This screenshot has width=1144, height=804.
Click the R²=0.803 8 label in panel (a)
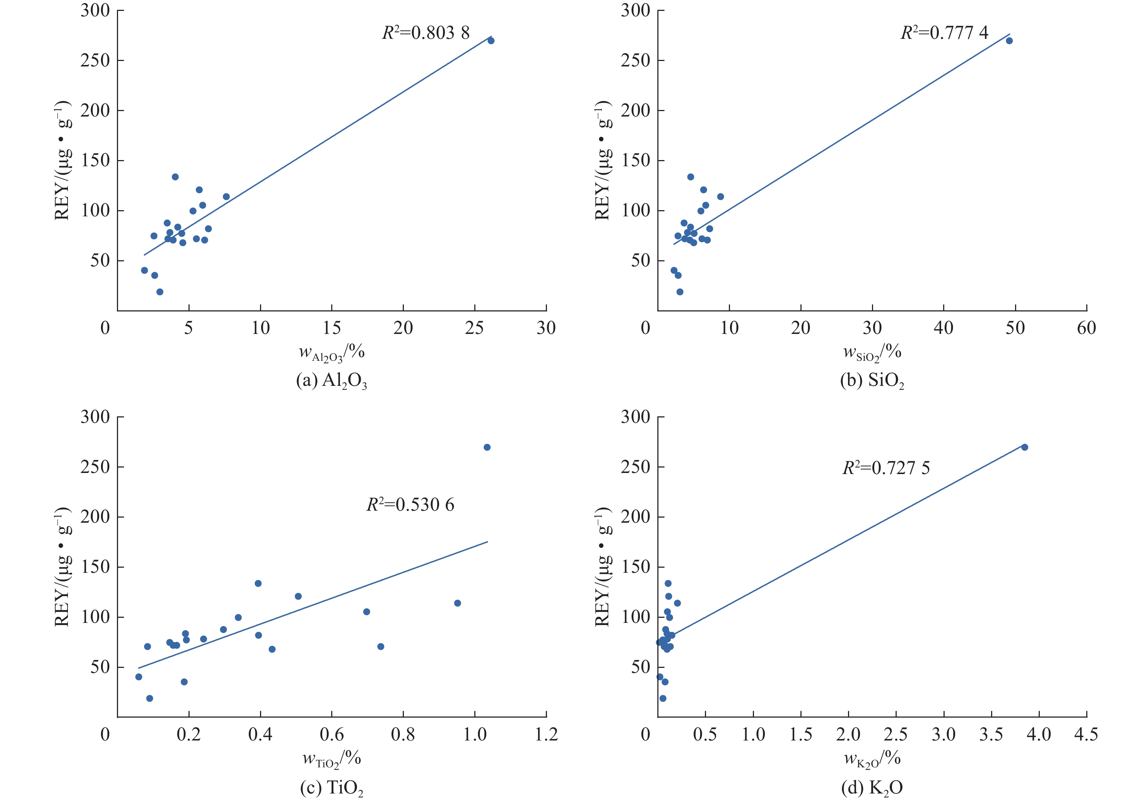[426, 33]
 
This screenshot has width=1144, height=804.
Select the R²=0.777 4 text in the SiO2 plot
[944, 33]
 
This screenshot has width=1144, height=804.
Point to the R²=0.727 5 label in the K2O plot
[886, 468]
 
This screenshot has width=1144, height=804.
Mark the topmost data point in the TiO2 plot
[487, 447]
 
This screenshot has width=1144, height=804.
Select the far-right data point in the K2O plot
[1025, 447]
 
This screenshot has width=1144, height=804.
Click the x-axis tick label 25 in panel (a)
[474, 328]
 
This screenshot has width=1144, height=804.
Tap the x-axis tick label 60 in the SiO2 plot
[1086, 328]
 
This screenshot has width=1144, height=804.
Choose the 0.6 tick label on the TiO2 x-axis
[332, 734]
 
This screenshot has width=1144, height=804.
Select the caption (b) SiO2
[872, 381]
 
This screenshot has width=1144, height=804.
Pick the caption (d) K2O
[872, 788]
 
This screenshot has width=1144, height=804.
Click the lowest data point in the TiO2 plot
[150, 698]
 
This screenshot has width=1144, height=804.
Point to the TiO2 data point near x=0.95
[457, 603]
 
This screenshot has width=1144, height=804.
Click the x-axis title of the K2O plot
[872, 759]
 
